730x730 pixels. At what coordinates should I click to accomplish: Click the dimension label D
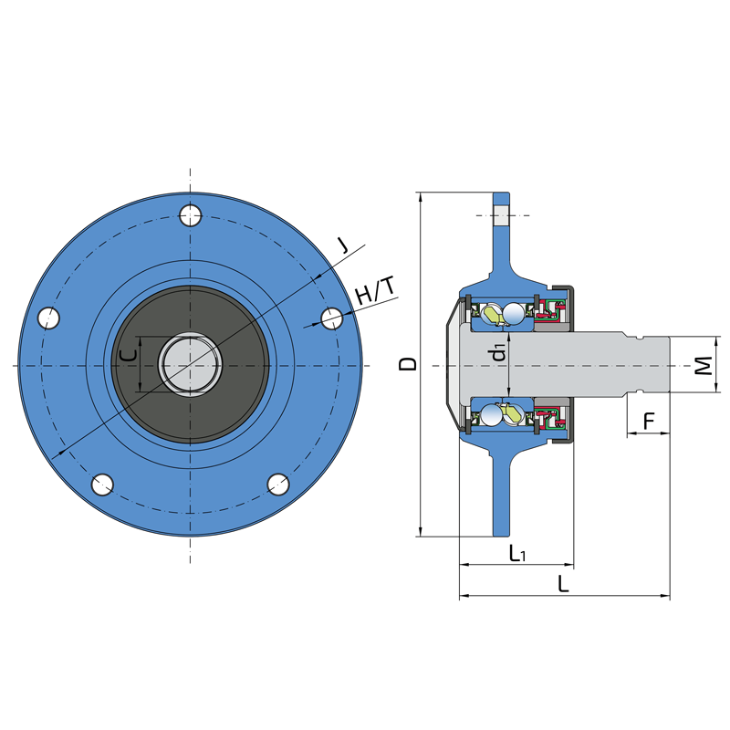pyautogui.click(x=408, y=363)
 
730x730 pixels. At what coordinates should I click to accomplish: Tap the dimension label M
pyautogui.click(x=704, y=366)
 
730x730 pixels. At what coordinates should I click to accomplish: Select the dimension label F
pyautogui.click(x=649, y=422)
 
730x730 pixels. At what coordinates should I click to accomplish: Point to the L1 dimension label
pyautogui.click(x=516, y=553)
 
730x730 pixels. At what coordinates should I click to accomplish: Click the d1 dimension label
pyautogui.click(x=498, y=352)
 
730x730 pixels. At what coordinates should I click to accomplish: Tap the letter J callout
pyautogui.click(x=343, y=245)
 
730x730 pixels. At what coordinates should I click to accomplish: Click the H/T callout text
pyautogui.click(x=375, y=290)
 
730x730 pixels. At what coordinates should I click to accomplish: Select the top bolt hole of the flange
pyautogui.click(x=191, y=215)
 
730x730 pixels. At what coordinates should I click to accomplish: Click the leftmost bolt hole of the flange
pyautogui.click(x=49, y=318)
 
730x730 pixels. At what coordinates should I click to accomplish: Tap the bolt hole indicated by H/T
pyautogui.click(x=332, y=318)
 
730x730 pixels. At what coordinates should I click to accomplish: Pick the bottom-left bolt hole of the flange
pyautogui.click(x=102, y=485)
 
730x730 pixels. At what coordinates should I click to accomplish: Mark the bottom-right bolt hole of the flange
pyautogui.click(x=278, y=485)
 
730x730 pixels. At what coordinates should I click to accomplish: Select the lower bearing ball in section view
pyautogui.click(x=491, y=415)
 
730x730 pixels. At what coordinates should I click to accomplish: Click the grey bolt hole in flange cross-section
pyautogui.click(x=501, y=215)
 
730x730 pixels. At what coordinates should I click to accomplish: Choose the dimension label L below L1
pyautogui.click(x=563, y=584)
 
